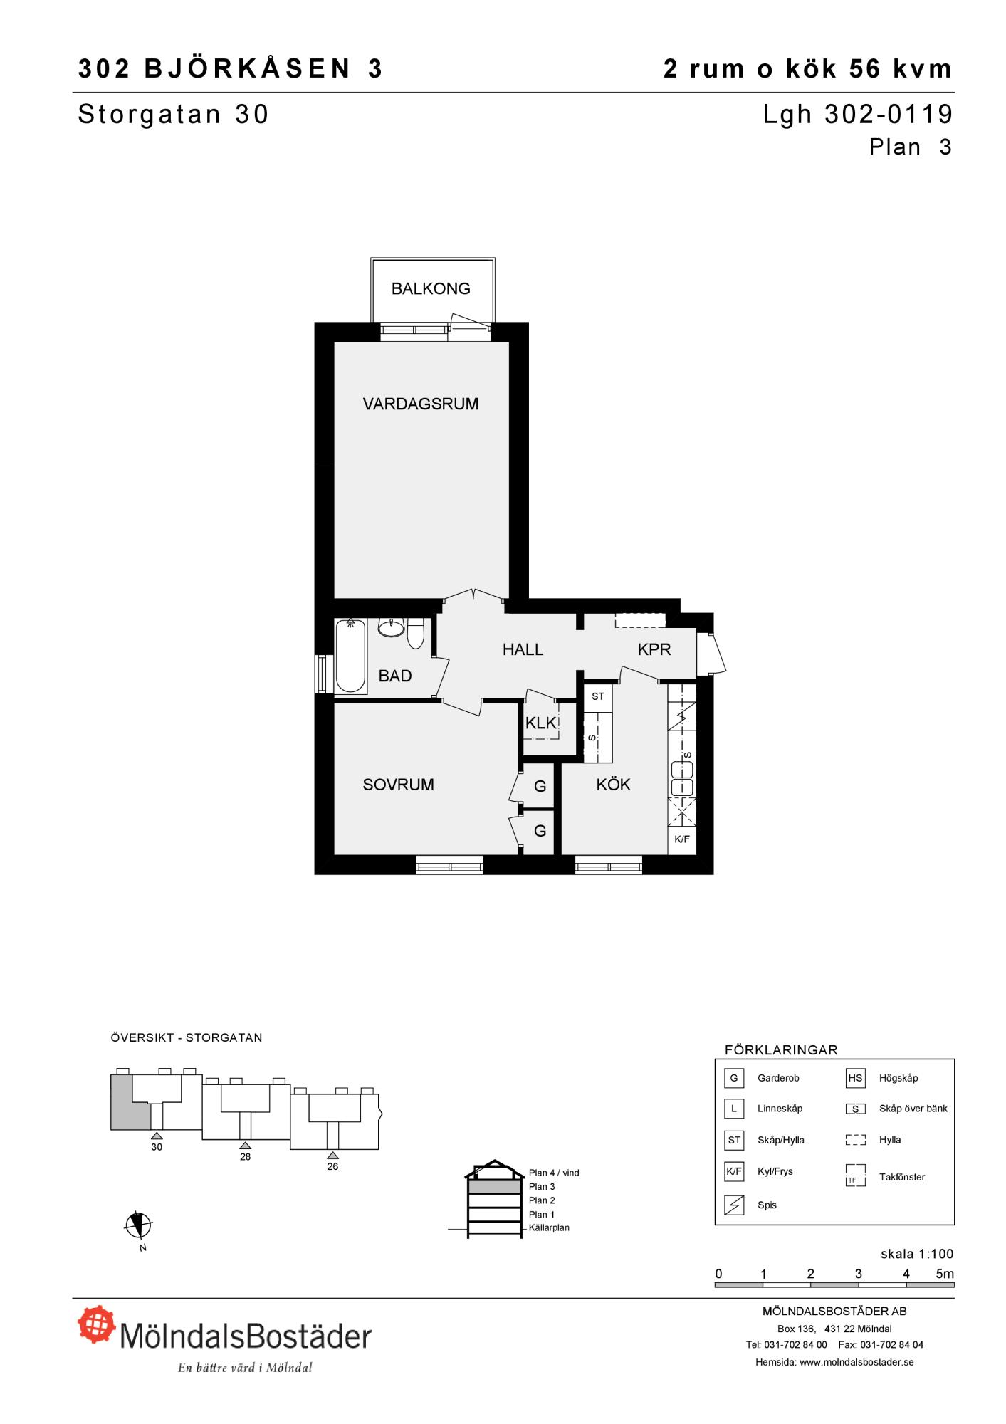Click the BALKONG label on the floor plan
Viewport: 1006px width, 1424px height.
point(431,288)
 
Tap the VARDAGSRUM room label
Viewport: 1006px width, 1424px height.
point(421,404)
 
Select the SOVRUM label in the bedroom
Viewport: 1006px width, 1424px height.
point(398,785)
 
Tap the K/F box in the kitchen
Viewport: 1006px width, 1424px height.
point(681,839)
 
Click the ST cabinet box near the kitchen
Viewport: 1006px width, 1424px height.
point(598,696)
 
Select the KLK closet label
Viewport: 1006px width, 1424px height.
point(540,723)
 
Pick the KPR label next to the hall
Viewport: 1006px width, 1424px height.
point(654,649)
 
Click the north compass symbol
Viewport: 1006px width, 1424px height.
point(138,1225)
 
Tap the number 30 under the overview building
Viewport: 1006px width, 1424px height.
point(157,1147)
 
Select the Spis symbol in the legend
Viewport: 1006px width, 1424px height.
point(734,1205)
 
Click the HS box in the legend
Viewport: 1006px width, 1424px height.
point(855,1078)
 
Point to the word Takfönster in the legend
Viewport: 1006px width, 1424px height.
point(902,1177)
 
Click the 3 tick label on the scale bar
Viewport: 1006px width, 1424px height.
point(859,1274)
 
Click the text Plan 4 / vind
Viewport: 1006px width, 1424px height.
point(554,1173)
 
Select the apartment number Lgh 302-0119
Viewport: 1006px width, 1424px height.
point(858,114)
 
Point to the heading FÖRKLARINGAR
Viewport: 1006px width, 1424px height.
point(781,1050)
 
